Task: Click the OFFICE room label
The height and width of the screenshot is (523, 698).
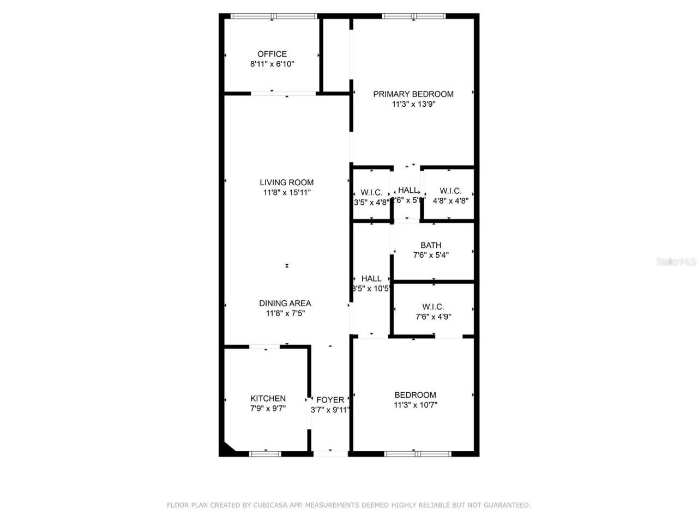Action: coord(272,54)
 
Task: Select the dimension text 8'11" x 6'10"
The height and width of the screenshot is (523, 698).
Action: coord(272,64)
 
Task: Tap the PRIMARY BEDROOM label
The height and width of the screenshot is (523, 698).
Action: coord(413,94)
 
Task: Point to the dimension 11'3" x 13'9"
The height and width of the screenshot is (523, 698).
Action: coord(413,104)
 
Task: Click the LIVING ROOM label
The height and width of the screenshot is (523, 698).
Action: coord(286,183)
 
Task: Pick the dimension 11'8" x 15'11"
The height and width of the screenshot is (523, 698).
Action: coord(286,192)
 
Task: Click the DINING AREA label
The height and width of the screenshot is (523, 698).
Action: coord(285,303)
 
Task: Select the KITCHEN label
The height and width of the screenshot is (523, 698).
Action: coord(268,399)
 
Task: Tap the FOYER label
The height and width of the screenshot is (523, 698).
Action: coord(330,400)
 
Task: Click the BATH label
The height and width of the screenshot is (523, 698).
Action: coord(431,245)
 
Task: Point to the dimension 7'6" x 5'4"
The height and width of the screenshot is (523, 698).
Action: coord(431,255)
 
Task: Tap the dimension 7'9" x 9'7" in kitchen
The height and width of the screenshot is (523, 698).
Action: coord(268,409)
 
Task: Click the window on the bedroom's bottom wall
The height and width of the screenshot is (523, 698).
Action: coord(417,454)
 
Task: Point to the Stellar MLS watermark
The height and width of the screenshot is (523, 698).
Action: coord(676,262)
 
